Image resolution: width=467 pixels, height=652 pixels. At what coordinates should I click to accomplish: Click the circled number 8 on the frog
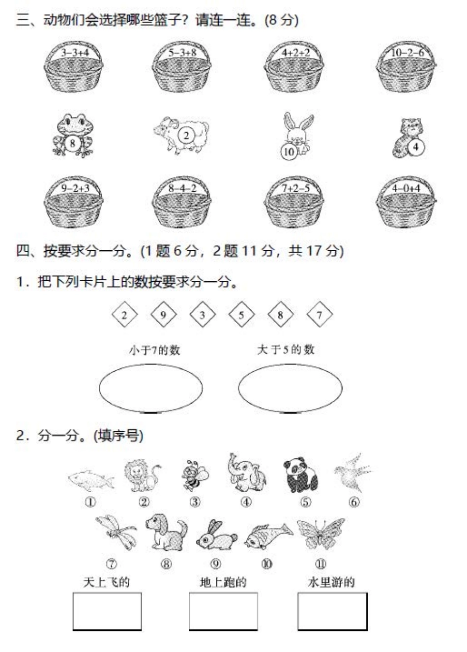click(72, 143)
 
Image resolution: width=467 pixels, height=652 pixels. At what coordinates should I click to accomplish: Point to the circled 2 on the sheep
click(186, 135)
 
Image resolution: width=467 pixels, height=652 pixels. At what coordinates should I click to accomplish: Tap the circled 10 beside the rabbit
click(289, 151)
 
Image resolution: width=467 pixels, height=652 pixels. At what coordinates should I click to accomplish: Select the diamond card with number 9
click(164, 315)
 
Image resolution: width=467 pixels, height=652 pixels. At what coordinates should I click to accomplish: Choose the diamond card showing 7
click(320, 315)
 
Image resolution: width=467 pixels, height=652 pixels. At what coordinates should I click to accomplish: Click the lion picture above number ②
click(142, 476)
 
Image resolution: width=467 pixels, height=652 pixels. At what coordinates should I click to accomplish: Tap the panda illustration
click(300, 475)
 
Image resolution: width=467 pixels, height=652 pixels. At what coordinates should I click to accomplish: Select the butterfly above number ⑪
click(321, 534)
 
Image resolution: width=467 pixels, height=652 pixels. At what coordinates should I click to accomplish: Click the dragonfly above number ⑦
click(116, 532)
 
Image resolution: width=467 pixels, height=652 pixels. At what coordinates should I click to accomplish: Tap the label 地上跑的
click(223, 583)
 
